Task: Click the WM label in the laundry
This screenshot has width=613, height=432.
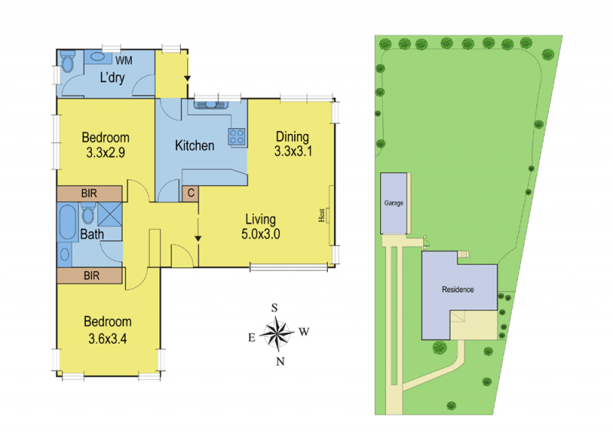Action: point(124,61)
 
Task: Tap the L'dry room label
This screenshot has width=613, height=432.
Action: point(112,77)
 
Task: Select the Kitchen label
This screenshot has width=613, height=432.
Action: point(195,146)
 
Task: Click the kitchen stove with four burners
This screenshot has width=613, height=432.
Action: point(237,137)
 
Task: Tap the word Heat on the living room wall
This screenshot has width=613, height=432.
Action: point(321,215)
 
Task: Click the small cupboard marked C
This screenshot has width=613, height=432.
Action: point(191,193)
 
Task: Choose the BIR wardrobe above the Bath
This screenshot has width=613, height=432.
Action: point(90,193)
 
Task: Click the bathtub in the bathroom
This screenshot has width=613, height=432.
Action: point(68,221)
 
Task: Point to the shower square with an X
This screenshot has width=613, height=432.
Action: point(110,214)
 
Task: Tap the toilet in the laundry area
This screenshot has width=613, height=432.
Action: point(67,62)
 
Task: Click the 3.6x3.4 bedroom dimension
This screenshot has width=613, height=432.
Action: point(107,339)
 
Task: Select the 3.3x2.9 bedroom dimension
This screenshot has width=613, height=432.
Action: point(106,152)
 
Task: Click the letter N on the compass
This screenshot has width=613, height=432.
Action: point(280,362)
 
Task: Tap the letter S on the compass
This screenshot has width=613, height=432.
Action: point(274,308)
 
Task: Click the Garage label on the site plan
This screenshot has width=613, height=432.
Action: point(394,203)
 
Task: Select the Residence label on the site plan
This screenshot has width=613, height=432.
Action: point(457,290)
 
